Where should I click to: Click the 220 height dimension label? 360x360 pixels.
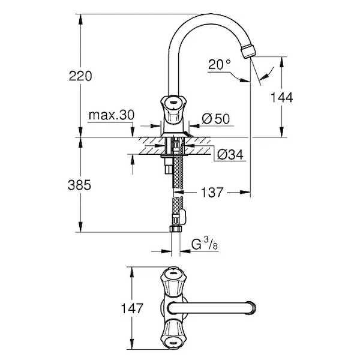pos(80,76)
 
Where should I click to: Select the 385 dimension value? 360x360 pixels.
pos(79,185)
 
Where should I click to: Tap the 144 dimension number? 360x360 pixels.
pos(282,97)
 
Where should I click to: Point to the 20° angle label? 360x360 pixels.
pos(219,64)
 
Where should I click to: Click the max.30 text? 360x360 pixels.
pos(112,115)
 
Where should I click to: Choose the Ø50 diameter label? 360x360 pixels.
pos(216,119)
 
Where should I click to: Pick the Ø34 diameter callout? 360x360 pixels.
pos(230,154)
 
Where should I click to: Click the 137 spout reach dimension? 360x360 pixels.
pos(212,192)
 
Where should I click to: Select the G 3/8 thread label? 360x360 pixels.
pos(205,244)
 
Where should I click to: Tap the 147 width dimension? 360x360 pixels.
pos(132,308)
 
